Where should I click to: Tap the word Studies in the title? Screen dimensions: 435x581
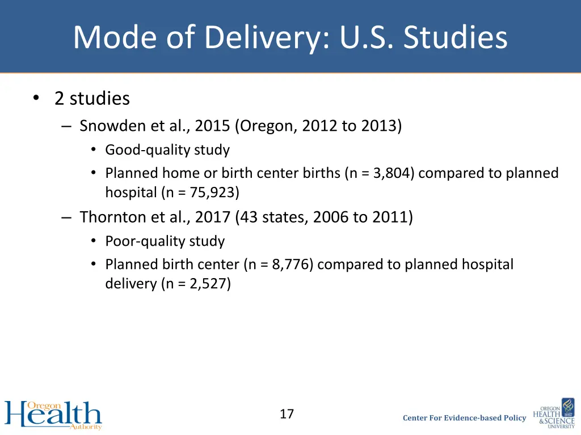(x=456, y=37)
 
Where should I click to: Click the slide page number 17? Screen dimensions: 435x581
(x=287, y=414)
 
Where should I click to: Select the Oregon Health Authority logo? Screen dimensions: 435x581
(x=53, y=415)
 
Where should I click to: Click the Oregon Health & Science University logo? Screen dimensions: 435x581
(x=554, y=413)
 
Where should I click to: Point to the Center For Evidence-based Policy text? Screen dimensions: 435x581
(x=464, y=418)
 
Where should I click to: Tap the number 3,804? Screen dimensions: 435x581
(x=394, y=173)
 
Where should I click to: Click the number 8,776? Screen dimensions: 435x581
(x=292, y=265)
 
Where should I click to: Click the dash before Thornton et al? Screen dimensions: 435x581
(x=67, y=217)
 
